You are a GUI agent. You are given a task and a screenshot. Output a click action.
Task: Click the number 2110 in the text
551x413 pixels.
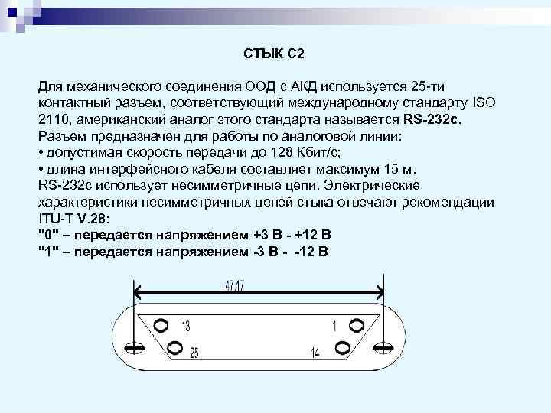click(53, 120)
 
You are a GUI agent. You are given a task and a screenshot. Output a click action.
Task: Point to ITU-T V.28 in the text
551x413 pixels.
click(73, 217)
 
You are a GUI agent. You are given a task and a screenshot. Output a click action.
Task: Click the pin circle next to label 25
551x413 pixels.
click(174, 349)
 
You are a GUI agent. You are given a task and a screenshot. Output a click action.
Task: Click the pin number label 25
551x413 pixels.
click(194, 353)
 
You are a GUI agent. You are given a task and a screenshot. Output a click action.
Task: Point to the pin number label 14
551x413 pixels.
click(316, 353)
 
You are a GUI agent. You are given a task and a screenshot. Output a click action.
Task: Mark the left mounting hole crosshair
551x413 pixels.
click(134, 349)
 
